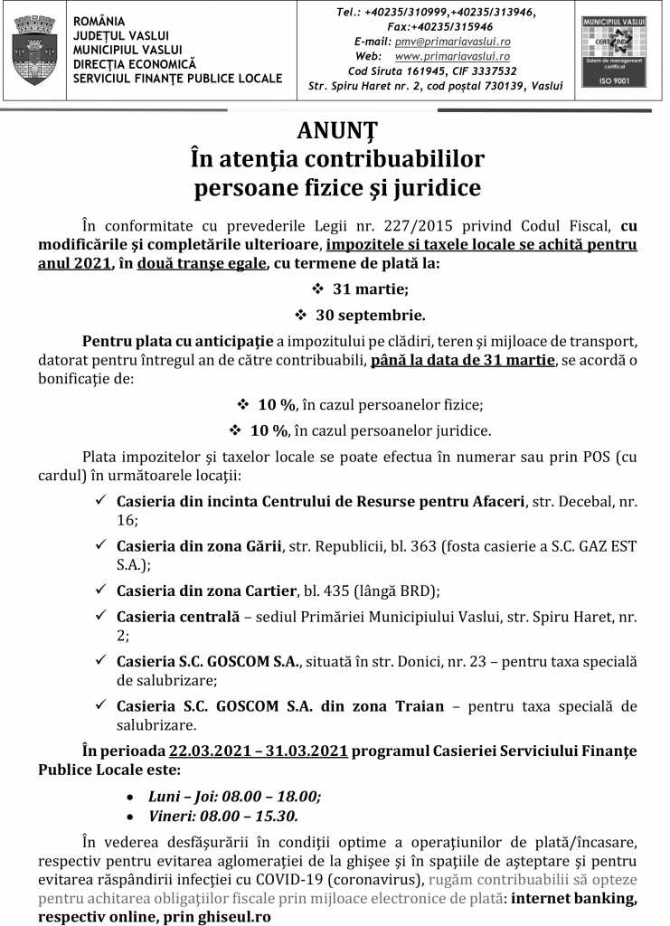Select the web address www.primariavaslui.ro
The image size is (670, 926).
[x=452, y=56]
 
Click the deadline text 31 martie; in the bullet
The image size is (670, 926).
[x=370, y=290]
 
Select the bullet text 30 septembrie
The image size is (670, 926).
[x=370, y=316]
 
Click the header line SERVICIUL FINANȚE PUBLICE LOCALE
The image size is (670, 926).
[x=177, y=79]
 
